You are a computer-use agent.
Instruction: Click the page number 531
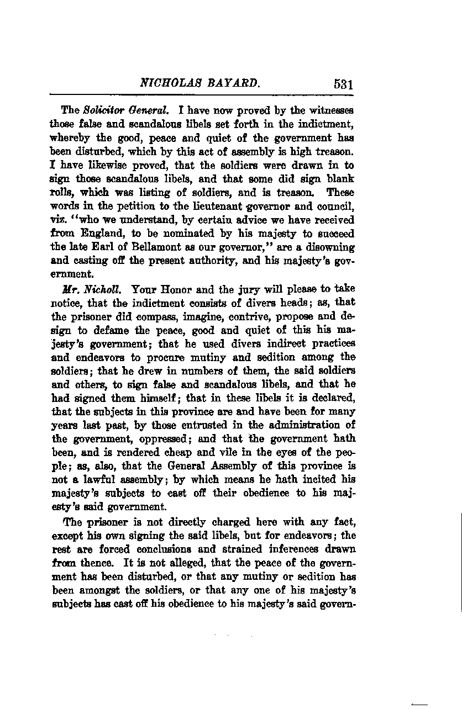coord(343,84)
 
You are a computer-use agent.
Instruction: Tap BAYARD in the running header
coord(233,84)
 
